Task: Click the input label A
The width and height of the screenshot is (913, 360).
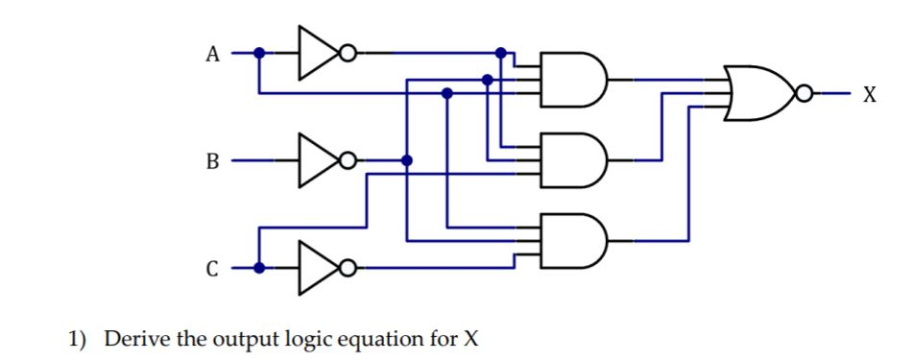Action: pyautogui.click(x=212, y=55)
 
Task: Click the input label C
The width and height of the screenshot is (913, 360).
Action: pyautogui.click(x=212, y=268)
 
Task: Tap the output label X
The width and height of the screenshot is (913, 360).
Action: pyautogui.click(x=869, y=94)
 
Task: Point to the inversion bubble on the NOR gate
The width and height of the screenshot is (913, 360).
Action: pyautogui.click(x=804, y=93)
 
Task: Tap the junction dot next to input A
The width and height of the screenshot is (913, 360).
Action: pyautogui.click(x=258, y=54)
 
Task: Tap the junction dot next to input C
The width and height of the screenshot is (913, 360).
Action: pyautogui.click(x=258, y=267)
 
